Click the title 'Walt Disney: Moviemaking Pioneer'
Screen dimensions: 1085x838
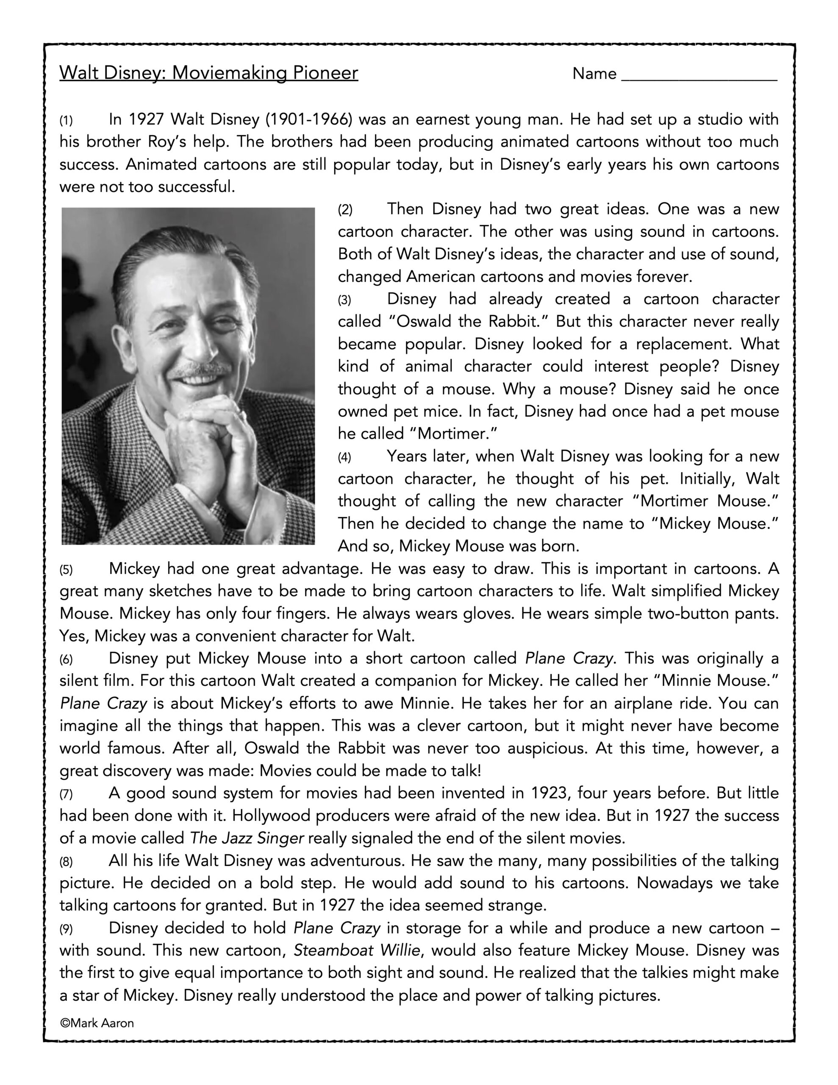point(208,73)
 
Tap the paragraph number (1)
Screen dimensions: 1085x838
point(66,121)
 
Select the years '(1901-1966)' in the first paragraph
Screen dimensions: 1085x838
point(309,120)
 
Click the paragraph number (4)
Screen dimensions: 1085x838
point(344,457)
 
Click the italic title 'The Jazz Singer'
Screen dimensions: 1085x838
point(247,838)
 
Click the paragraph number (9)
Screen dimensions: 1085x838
point(66,929)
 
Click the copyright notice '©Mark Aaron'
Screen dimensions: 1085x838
point(97,1024)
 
